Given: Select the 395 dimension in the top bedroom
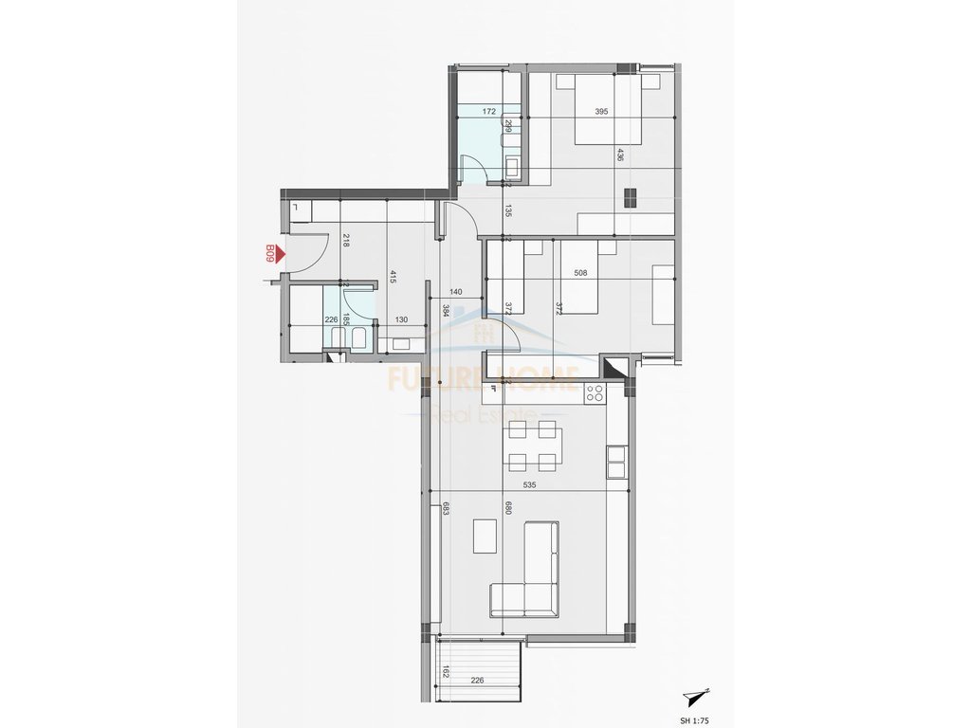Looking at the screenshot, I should point(600,112).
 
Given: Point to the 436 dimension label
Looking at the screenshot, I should point(620,155).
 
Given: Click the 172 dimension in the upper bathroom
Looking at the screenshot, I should point(489,112).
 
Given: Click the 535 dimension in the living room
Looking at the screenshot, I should point(542,484).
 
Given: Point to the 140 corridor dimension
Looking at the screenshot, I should point(455,293).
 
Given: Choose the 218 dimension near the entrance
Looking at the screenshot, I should point(347,241).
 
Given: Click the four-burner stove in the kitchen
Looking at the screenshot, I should point(595,392).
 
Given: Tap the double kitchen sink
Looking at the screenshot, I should point(616,462).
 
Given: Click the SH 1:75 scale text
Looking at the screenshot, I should point(701,719).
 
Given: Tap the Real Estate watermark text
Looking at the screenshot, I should point(483,414).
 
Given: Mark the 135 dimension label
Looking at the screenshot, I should point(508,210).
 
